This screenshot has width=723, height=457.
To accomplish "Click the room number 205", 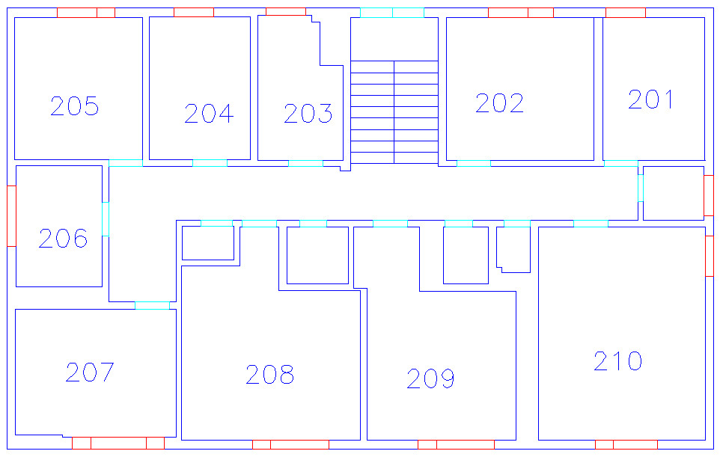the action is [74, 106].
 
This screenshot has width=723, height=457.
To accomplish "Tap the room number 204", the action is [209, 114].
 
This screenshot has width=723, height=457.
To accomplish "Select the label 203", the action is [308, 114].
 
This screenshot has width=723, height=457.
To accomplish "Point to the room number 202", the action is [499, 102].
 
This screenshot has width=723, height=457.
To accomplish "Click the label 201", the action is [650, 99].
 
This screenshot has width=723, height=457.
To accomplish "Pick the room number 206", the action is [63, 238].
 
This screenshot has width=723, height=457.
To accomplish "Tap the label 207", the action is [90, 372].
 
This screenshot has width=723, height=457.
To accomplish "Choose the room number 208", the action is [269, 374].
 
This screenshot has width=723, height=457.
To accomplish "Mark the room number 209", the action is [430, 378].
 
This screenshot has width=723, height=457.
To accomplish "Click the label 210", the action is [618, 361].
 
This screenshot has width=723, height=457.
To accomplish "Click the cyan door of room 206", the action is [106, 219].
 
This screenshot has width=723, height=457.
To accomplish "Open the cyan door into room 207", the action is [152, 305].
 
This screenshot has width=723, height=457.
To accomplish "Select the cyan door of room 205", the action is [126, 163].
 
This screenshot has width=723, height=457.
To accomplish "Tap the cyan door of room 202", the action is [474, 164].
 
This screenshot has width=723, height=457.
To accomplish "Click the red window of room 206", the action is [11, 216].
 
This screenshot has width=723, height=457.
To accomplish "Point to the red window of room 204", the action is [194, 13].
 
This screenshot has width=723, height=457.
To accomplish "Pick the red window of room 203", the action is [286, 11].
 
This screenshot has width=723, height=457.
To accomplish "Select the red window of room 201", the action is [626, 13].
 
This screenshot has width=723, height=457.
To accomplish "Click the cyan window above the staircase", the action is [392, 13].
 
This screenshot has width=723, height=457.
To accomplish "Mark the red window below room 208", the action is [290, 444].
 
